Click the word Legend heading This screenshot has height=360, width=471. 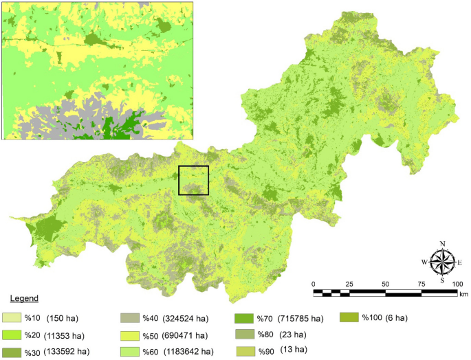pos(23,299)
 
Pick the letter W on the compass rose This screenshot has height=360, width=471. pos(424,262)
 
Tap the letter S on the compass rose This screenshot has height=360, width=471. pos(442,280)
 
